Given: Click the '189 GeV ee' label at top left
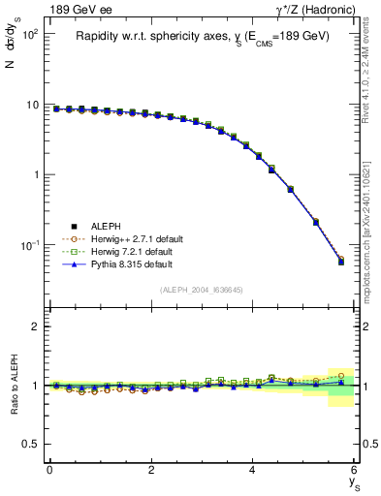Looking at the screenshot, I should pyautogui.click(x=79, y=10).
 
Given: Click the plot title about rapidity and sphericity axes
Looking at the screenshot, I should pyautogui.click(x=203, y=37).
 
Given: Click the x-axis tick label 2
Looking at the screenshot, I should pyautogui.click(x=151, y=470).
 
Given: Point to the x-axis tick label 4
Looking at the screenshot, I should pyautogui.click(x=253, y=470).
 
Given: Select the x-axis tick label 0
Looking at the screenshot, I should pyautogui.click(x=49, y=470).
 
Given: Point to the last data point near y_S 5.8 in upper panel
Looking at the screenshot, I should pyautogui.click(x=340, y=262).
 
